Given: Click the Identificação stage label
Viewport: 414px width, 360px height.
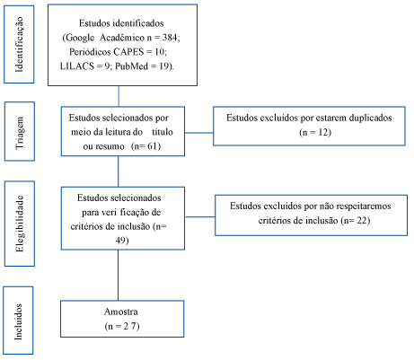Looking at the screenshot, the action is (19, 44).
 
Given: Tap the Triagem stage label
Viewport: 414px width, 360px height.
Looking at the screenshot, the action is (20, 133).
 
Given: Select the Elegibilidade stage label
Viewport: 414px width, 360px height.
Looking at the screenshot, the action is (20, 224).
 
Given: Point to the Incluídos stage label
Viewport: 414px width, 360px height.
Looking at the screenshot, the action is (19, 321).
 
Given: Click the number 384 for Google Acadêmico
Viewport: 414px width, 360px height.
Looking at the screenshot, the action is (170, 38).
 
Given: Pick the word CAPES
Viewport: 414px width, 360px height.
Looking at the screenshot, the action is (128, 52).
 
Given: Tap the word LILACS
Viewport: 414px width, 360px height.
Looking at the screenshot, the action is (77, 66).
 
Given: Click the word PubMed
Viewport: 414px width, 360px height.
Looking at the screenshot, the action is (131, 66).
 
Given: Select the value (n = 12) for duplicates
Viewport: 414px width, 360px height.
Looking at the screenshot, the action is (315, 132).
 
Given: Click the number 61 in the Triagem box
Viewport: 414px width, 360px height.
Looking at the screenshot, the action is (153, 146).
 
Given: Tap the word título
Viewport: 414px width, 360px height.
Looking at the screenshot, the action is (163, 132).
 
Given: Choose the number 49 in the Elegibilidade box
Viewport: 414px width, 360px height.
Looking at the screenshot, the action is (121, 241).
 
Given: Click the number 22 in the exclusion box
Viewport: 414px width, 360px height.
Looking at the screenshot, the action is (362, 221).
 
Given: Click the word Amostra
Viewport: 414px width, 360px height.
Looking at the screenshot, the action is (121, 312).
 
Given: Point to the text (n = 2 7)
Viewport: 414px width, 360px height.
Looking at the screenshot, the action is (122, 326).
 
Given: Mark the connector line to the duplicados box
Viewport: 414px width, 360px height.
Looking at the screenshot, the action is (198, 133).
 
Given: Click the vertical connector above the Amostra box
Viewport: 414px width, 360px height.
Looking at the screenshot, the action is (118, 275).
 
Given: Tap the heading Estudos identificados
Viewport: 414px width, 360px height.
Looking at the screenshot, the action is (121, 23).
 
